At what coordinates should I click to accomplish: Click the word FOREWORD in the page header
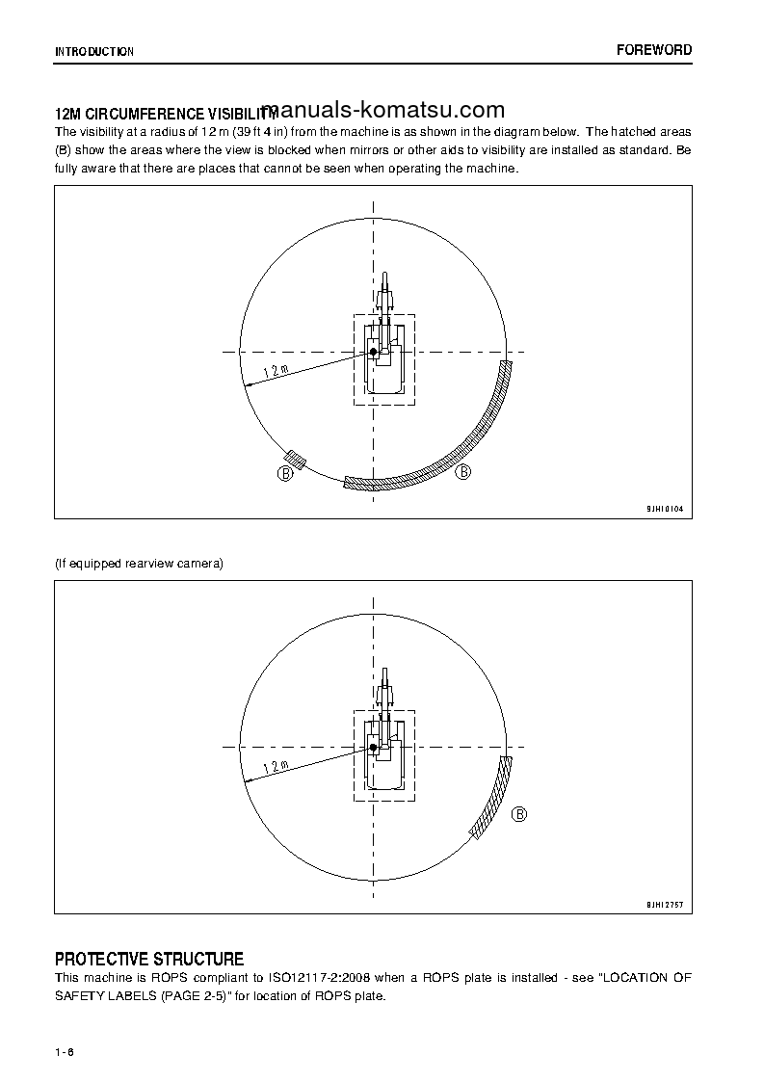coord(654,50)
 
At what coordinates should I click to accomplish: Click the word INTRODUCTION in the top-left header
coord(94,52)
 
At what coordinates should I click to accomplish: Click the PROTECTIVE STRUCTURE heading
coord(149,959)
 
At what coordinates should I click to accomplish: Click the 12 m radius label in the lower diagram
coord(276,767)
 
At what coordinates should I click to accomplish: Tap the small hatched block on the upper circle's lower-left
coord(296,461)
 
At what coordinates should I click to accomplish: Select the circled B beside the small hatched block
coord(285,473)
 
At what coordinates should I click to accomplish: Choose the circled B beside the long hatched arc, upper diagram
coord(463,471)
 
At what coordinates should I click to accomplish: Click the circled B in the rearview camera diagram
coord(519,814)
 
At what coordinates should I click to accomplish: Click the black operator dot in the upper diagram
coord(373,353)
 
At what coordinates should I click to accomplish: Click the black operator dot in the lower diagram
coord(373,747)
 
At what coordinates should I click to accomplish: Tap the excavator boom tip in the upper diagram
coord(384,277)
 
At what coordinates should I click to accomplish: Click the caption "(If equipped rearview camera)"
coord(139,564)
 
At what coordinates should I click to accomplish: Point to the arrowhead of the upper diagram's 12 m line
coord(248,385)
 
